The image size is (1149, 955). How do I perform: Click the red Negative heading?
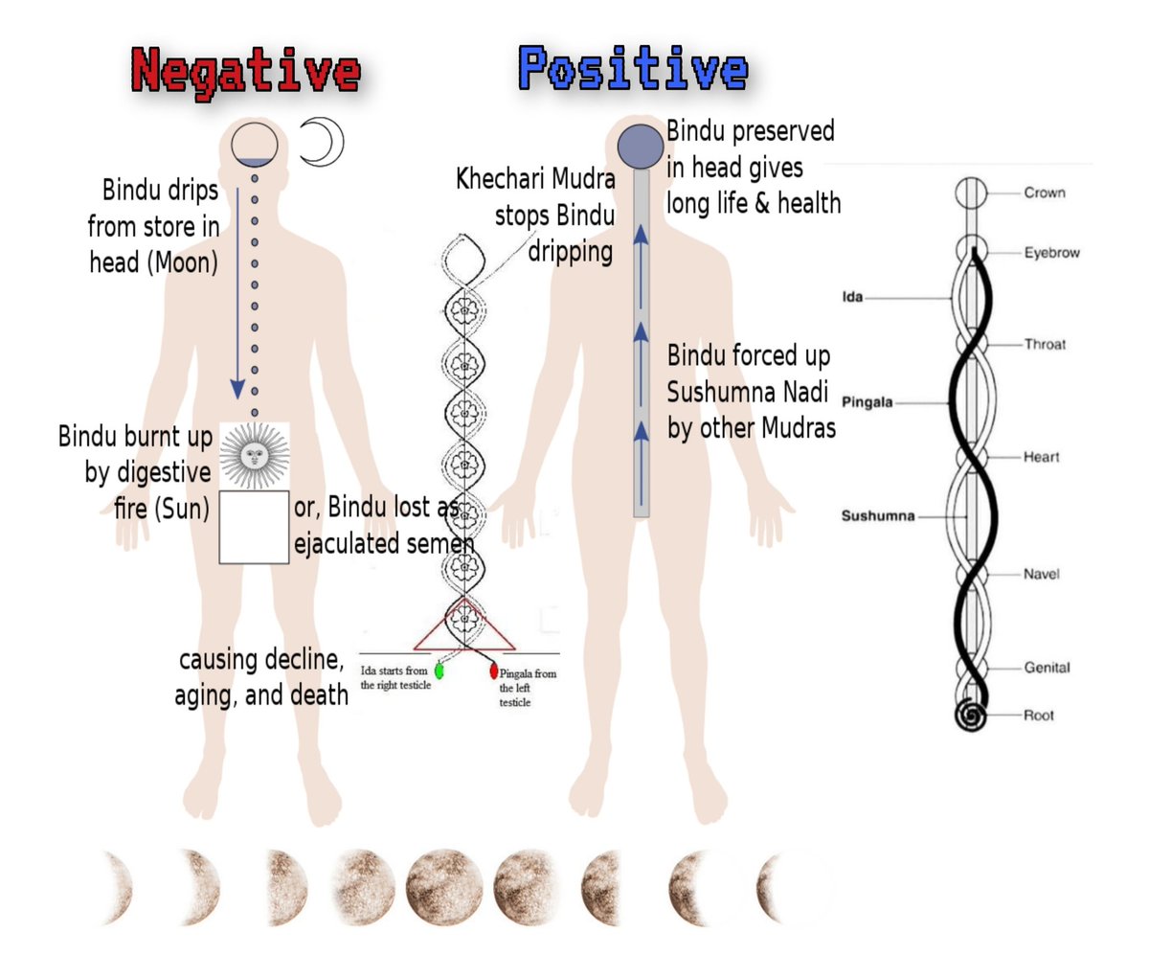pyautogui.click(x=246, y=71)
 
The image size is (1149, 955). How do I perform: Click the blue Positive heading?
pyautogui.click(x=633, y=69)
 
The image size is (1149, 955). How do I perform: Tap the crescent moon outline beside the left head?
pyautogui.click(x=321, y=143)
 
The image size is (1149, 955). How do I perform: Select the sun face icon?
pyautogui.click(x=254, y=456)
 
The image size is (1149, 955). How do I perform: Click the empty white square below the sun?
pyautogui.click(x=254, y=527)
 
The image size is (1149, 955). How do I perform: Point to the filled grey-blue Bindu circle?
pyautogui.click(x=641, y=146)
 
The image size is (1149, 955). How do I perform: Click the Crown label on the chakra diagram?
pyautogui.click(x=1045, y=193)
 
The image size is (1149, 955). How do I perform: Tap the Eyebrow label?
pyautogui.click(x=1051, y=254)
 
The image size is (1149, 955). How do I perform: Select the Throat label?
pyautogui.click(x=1045, y=345)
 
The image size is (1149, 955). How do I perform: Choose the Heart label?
pyautogui.click(x=1041, y=458)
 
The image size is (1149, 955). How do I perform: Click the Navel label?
pyautogui.click(x=1042, y=575)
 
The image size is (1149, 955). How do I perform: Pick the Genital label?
pyautogui.click(x=1047, y=668)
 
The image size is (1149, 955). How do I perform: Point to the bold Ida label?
pyautogui.click(x=851, y=298)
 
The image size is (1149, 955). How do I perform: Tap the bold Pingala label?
pyautogui.click(x=867, y=402)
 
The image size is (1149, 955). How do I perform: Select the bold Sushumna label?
pyautogui.click(x=877, y=516)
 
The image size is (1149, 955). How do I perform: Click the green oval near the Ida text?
pyautogui.click(x=439, y=670)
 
